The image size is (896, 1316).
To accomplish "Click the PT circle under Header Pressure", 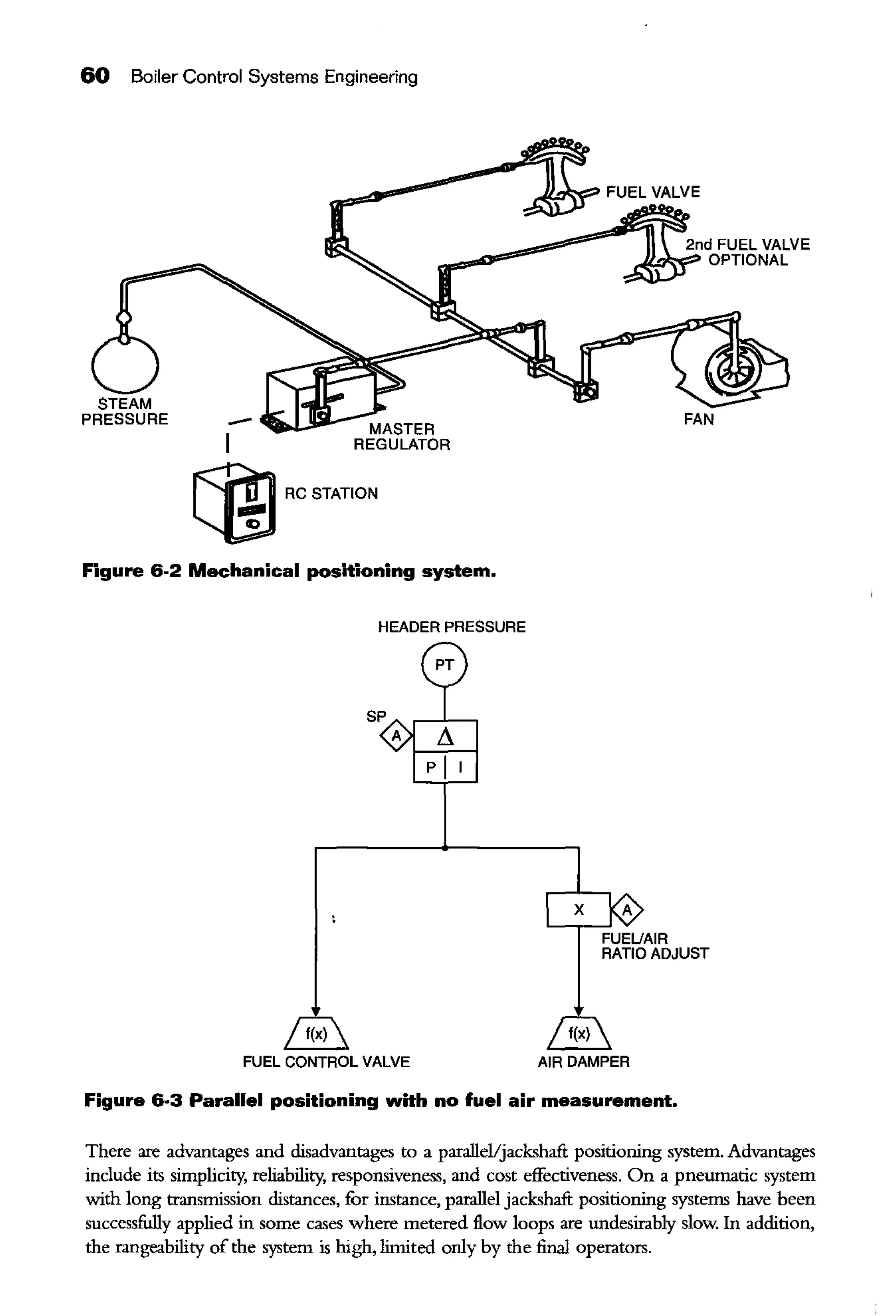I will [x=444, y=664].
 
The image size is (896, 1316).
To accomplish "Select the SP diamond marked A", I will [x=397, y=736].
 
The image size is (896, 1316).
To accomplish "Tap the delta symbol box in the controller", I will [x=445, y=736].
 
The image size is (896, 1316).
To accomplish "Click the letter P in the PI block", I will [x=431, y=767].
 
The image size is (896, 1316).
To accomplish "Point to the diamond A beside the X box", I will [x=627, y=910].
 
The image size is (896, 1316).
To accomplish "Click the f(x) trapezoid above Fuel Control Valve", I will [x=316, y=1035].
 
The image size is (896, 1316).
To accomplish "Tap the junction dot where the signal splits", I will [x=445, y=848].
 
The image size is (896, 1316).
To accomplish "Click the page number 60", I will [x=94, y=76].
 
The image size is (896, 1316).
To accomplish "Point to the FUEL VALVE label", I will [x=653, y=192].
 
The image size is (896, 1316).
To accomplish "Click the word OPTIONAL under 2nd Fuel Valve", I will [x=747, y=260].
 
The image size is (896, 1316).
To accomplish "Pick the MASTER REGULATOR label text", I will [x=401, y=437].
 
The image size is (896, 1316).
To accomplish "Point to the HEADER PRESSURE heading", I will [x=451, y=627].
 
